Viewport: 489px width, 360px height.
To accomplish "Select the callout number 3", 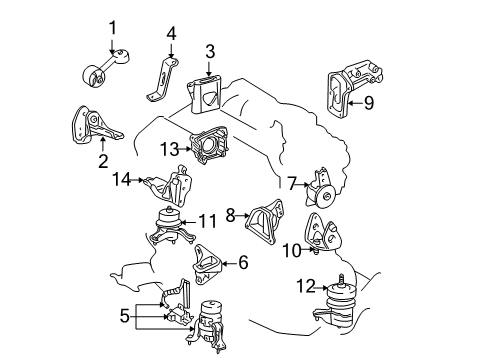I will click(x=210, y=50).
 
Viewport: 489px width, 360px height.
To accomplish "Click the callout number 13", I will click(x=169, y=149).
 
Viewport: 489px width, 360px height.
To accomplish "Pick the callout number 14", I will click(x=122, y=180).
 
